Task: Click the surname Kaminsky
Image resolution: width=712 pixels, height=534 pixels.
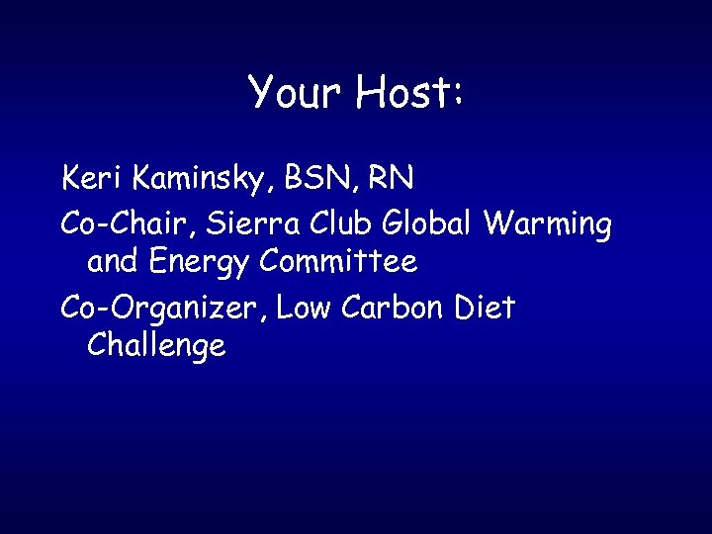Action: (202, 181)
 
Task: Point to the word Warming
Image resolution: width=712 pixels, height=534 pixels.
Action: (548, 225)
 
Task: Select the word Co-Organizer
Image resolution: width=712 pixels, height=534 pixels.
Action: (163, 309)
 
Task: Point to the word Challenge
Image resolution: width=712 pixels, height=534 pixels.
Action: (156, 347)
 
